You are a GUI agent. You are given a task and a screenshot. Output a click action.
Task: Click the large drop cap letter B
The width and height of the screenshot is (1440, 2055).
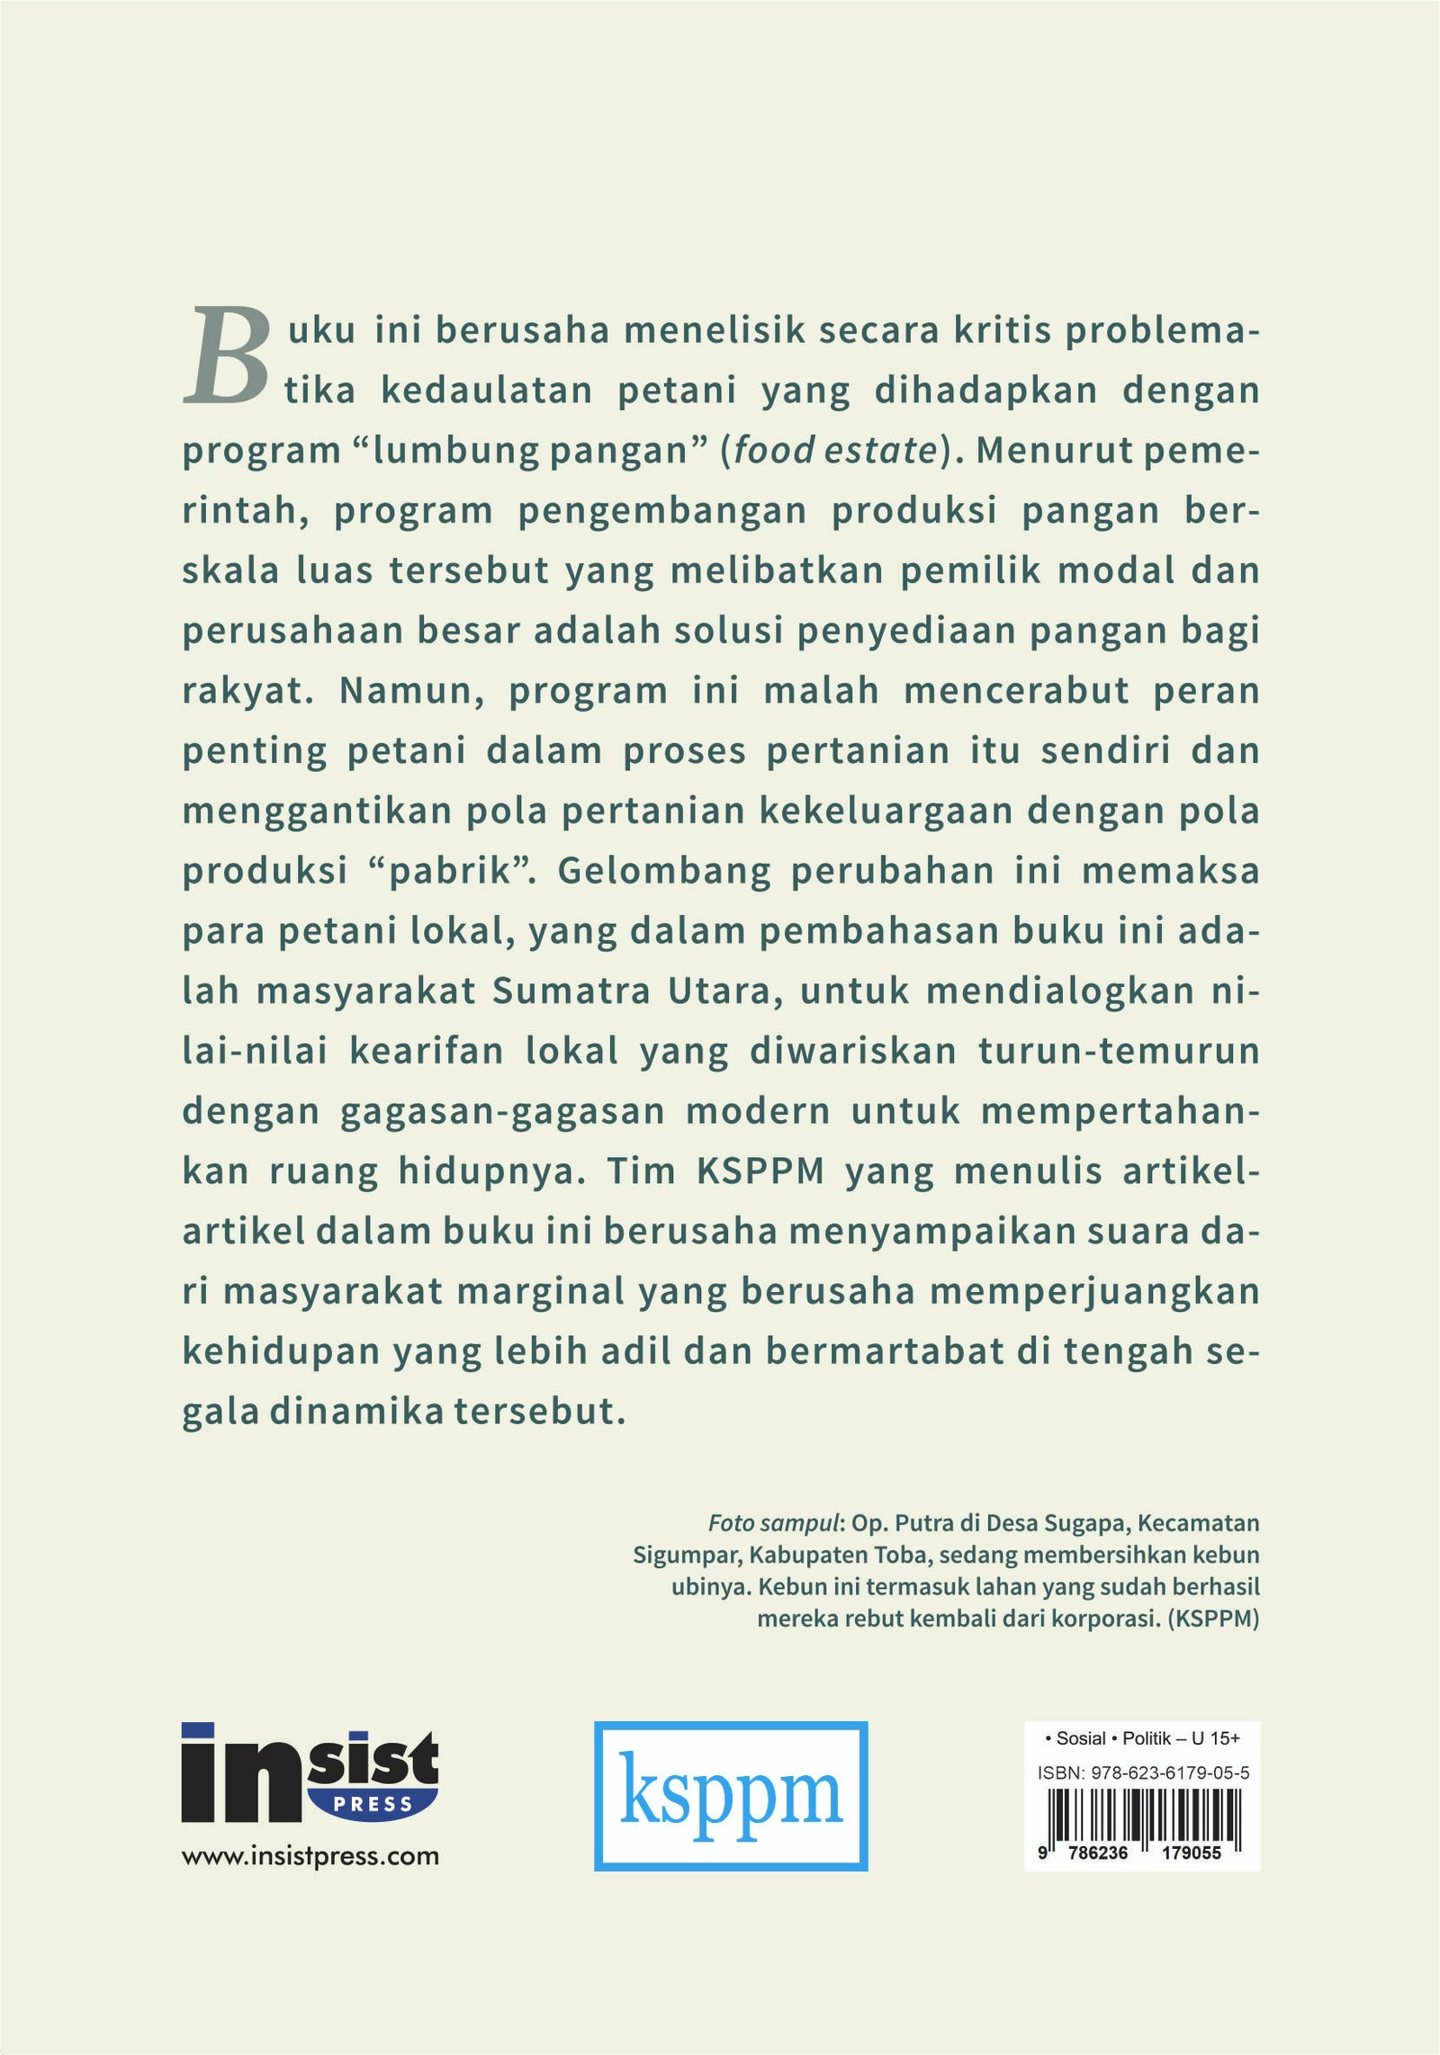(x=227, y=355)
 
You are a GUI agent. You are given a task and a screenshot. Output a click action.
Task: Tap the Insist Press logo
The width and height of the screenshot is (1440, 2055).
(x=310, y=1772)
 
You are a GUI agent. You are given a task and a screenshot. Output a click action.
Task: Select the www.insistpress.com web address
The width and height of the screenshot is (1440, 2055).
(x=310, y=1855)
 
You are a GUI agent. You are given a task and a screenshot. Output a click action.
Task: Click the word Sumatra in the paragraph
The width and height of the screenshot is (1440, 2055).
(x=571, y=991)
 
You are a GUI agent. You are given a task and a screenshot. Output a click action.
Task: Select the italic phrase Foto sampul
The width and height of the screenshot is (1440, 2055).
(x=773, y=1523)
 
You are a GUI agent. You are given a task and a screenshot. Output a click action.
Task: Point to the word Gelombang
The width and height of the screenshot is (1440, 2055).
(x=663, y=871)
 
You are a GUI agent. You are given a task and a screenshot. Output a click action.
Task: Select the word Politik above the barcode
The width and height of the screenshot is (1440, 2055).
(x=1148, y=1738)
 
